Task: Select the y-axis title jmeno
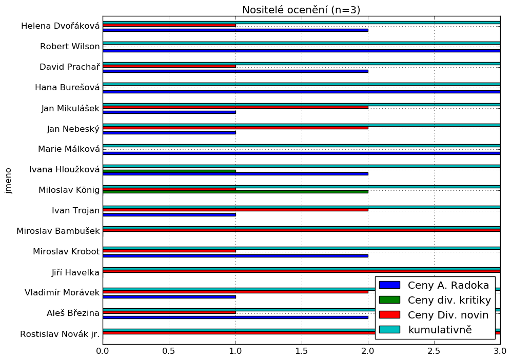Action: [x=9, y=180]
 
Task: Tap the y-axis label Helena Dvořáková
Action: [x=61, y=26]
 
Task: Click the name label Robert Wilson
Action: [x=70, y=47]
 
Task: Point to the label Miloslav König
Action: [x=69, y=190]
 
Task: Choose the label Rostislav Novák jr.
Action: [x=60, y=334]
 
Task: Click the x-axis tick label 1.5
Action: [x=302, y=352]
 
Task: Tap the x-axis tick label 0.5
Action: [x=169, y=352]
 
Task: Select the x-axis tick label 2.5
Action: [x=434, y=352]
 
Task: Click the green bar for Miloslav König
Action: [x=235, y=192]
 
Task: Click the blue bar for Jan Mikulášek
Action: [x=169, y=112]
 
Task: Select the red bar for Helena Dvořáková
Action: [x=169, y=25]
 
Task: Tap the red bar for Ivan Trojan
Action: [x=235, y=210]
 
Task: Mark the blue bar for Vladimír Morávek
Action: [x=169, y=297]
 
